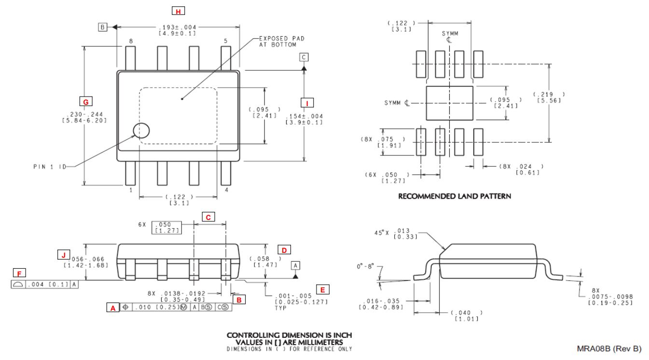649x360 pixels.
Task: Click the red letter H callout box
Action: (x=179, y=11)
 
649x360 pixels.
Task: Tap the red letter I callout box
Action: (x=307, y=102)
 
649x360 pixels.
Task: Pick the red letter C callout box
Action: (x=208, y=217)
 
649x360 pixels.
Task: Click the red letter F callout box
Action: (x=19, y=274)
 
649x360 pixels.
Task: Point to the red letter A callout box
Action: (x=112, y=307)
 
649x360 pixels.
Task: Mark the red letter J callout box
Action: (x=63, y=253)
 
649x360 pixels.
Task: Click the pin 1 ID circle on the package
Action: (x=141, y=130)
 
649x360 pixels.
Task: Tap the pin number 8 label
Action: (x=131, y=41)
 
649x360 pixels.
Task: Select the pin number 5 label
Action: (x=225, y=41)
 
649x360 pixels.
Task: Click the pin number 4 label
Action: (x=227, y=190)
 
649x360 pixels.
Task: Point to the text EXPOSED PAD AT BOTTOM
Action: (x=282, y=41)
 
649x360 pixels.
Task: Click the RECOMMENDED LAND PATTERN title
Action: (x=454, y=196)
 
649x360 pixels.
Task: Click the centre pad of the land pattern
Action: (x=449, y=103)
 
